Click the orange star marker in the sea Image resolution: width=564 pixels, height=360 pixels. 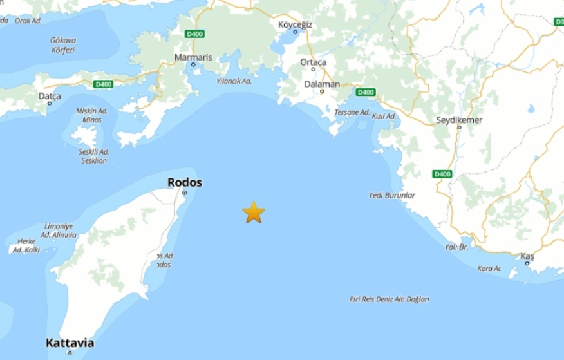click(254, 212)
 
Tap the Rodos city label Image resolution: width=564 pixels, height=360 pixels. click(184, 182)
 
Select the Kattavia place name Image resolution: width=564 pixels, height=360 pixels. click(70, 343)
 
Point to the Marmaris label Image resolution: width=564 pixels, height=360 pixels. click(193, 57)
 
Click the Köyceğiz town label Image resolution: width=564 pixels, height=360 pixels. click(295, 24)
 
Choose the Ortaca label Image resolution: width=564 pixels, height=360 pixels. click(314, 62)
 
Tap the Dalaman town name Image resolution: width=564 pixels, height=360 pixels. click(322, 84)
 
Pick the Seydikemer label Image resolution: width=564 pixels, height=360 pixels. click(459, 120)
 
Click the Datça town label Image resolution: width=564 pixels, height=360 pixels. click(50, 96)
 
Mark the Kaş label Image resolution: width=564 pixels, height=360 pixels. click(527, 256)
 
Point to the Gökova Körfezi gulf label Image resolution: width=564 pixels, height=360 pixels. click(62, 44)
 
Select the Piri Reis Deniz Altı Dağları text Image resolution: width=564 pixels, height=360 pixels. click(389, 299)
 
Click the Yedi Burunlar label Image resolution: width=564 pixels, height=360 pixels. click(391, 195)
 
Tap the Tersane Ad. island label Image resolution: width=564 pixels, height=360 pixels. click(352, 113)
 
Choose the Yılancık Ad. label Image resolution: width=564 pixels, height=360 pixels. click(232, 81)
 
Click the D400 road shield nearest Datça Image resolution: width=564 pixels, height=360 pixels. click(102, 84)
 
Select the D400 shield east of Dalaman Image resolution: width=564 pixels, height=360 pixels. click(365, 92)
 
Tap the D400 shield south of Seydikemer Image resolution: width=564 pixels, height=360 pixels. click(442, 174)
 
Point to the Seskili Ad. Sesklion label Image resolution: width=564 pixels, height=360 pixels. click(94, 156)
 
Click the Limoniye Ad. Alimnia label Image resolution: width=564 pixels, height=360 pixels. click(60, 231)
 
